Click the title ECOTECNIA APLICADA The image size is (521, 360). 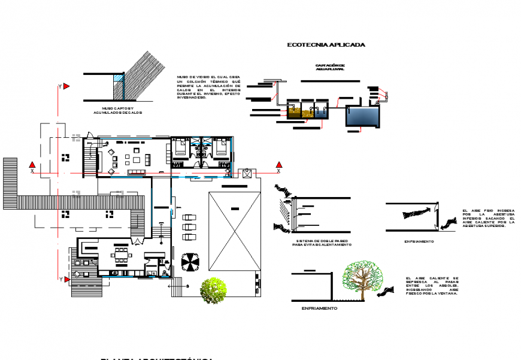point(326,45)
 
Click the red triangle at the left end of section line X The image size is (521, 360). point(33,165)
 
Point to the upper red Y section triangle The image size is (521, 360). point(66,87)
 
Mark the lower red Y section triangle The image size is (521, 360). point(66,279)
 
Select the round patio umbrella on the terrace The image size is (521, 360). point(190,261)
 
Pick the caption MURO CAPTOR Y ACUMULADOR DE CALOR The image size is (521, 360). point(117,110)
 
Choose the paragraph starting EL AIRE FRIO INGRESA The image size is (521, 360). point(488,219)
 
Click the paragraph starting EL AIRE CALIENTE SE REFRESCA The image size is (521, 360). point(431,286)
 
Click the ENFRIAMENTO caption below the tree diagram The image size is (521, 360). point(319,308)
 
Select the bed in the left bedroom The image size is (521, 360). point(180,147)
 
